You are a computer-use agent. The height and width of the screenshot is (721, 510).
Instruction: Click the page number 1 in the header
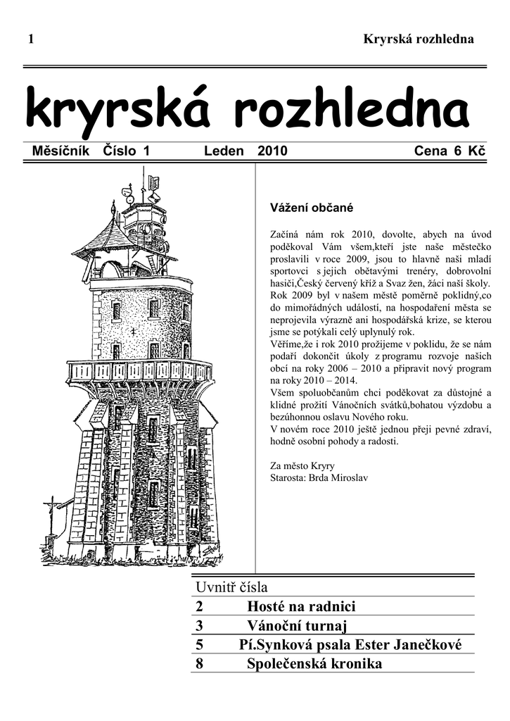[x=31, y=39]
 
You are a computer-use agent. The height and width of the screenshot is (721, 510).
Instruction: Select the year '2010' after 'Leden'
[x=272, y=151]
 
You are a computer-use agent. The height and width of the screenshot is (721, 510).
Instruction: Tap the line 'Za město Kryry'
[x=302, y=465]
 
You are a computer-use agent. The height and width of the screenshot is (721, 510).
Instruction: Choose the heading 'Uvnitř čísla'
[x=231, y=587]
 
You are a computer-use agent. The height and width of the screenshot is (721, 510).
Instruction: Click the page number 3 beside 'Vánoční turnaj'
[x=199, y=626]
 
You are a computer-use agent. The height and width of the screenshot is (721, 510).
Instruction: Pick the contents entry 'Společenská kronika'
[x=314, y=664]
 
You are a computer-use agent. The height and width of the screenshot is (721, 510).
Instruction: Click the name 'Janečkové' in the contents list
[x=428, y=645]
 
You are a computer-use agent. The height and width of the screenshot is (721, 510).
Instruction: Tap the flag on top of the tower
[x=153, y=181]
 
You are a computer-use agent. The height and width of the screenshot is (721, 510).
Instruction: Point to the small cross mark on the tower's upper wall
[x=132, y=331]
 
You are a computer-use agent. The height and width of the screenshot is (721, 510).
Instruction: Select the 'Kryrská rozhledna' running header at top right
[x=419, y=39]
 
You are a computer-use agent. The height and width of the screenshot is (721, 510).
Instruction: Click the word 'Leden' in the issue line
[x=224, y=151]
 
